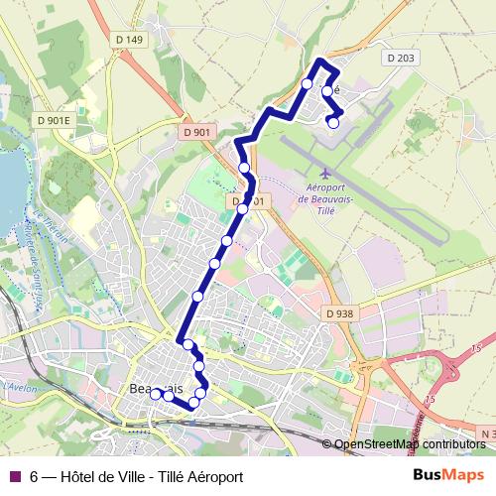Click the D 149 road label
pyautogui.click(x=130, y=40)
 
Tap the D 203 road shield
pyautogui.click(x=402, y=59)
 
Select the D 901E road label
pyautogui.click(x=54, y=120)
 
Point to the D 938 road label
pyautogui.click(x=338, y=313)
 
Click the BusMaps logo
pyautogui.click(x=448, y=475)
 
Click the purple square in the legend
pyautogui.click(x=14, y=476)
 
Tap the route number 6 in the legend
pyautogui.click(x=35, y=476)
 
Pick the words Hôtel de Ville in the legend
pyautogui.click(x=102, y=476)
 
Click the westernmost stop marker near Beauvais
pyautogui.click(x=156, y=394)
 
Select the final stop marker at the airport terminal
pyautogui.click(x=333, y=123)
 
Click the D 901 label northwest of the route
pyautogui.click(x=196, y=132)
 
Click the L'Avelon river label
pyautogui.click(x=19, y=383)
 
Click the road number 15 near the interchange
pyautogui.click(x=477, y=348)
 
